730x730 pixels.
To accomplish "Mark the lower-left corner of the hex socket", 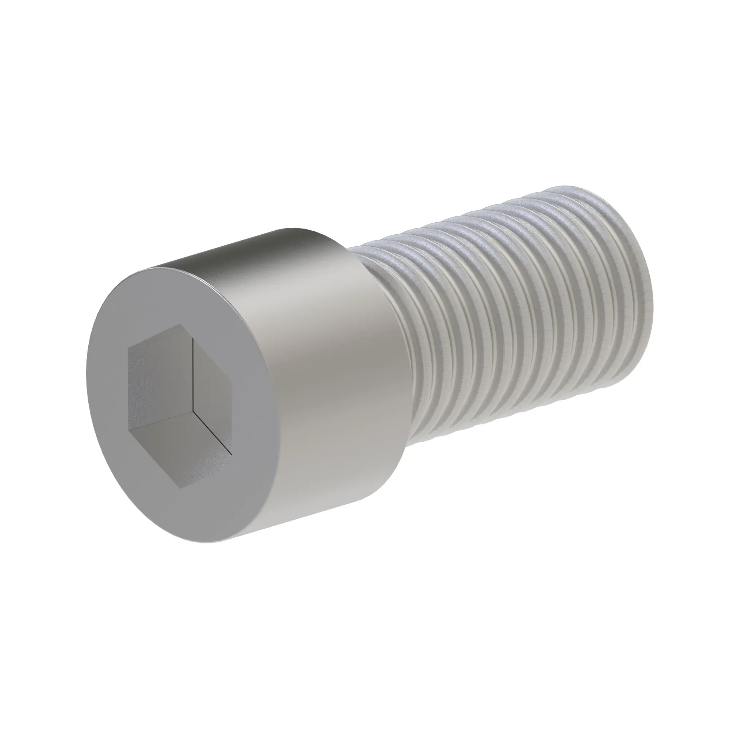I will [x=129, y=430].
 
